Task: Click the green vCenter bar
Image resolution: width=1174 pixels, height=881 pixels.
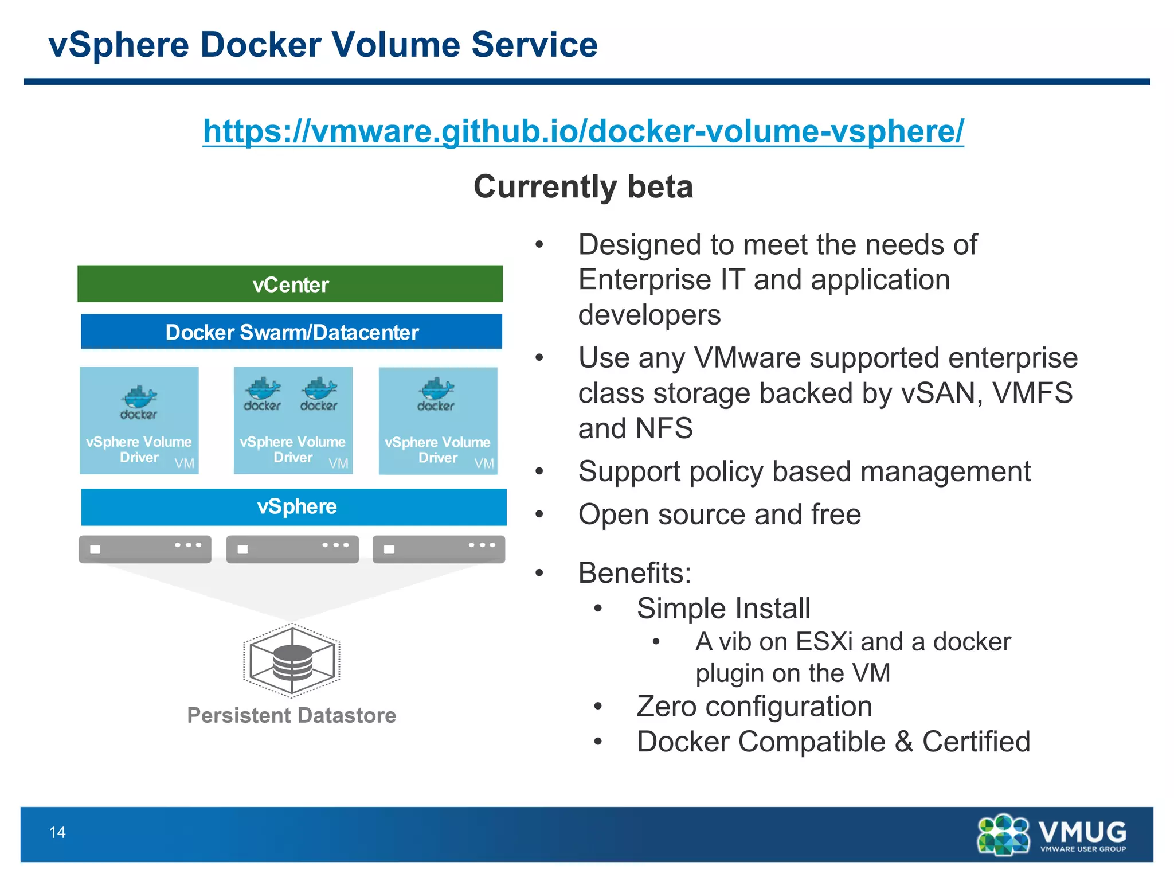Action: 290,284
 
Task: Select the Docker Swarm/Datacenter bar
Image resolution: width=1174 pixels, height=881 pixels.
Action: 291,332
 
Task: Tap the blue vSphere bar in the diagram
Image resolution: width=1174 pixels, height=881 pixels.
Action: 293,507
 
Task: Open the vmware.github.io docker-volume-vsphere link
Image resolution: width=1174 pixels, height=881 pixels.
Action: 583,131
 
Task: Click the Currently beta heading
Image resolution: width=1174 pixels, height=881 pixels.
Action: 583,186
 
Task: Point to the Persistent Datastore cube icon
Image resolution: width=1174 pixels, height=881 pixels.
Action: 292,660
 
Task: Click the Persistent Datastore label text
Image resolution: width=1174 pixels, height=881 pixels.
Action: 292,715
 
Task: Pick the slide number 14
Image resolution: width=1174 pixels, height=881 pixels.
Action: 57,832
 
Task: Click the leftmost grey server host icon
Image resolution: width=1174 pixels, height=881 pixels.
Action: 145,549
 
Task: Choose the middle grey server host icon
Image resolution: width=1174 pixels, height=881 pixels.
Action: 292,549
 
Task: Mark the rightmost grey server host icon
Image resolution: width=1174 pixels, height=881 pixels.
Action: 439,549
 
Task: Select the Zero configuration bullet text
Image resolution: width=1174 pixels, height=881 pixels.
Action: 754,706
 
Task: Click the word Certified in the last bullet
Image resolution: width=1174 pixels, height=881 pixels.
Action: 976,742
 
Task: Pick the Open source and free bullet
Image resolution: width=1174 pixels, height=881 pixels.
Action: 719,514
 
